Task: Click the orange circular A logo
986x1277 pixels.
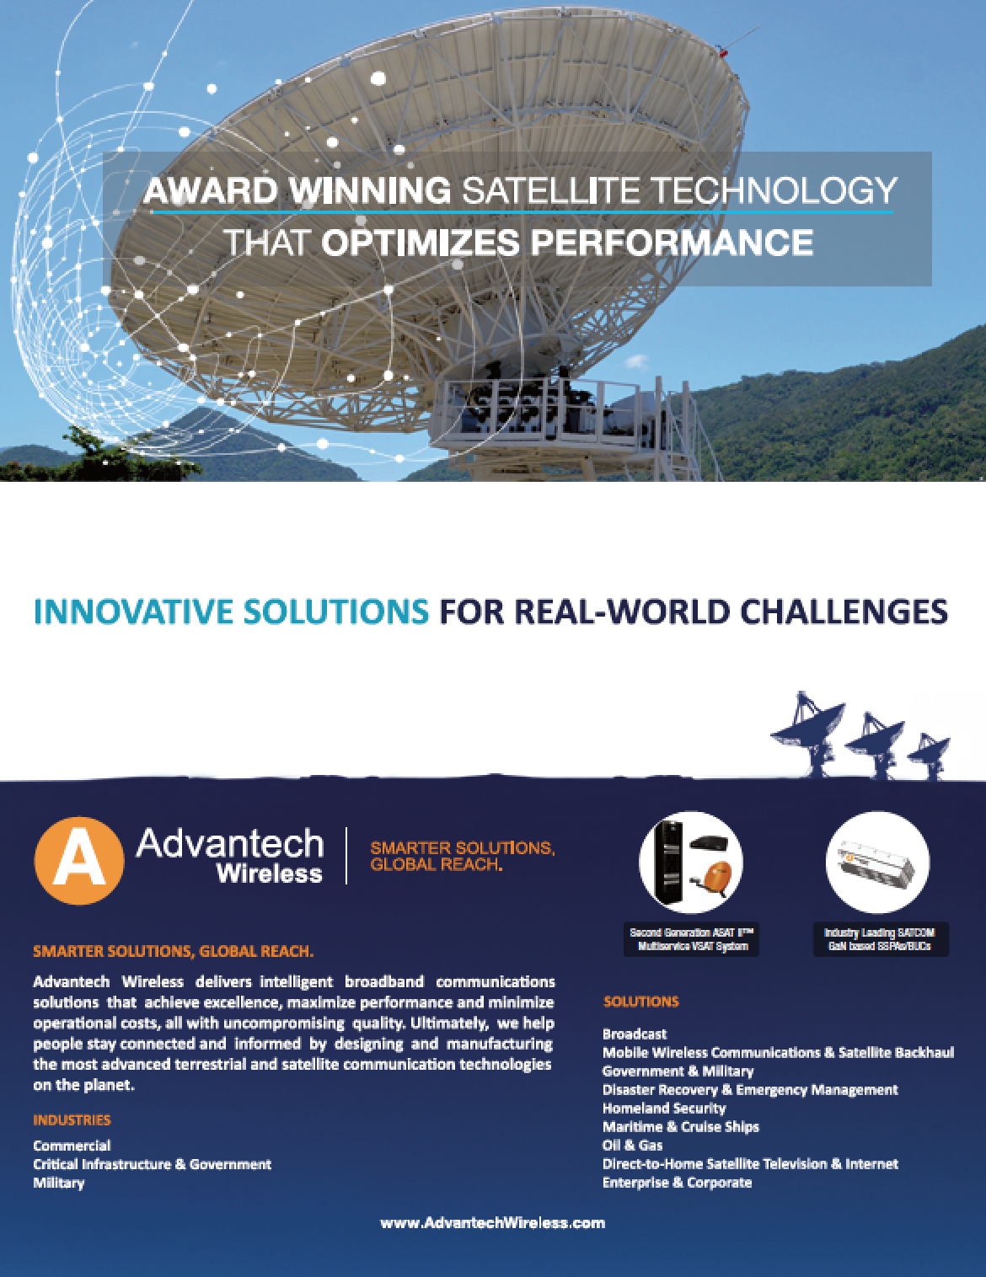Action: [x=79, y=861]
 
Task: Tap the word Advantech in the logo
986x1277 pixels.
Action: [x=230, y=844]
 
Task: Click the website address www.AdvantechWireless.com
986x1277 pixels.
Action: [x=493, y=1223]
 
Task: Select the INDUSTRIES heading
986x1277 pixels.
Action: [x=72, y=1120]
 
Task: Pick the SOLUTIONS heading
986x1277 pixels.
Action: [x=640, y=1002]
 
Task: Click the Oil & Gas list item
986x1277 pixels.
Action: [x=633, y=1146]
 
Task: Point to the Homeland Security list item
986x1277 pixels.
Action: [x=664, y=1109]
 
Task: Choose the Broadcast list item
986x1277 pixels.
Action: [x=635, y=1034]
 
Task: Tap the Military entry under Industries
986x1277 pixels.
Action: [x=59, y=1183]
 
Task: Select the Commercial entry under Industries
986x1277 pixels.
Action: [x=72, y=1146]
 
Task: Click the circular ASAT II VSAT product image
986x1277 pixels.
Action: [x=691, y=862]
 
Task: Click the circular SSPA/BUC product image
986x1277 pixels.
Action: [x=878, y=862]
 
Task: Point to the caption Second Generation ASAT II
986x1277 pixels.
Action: [x=691, y=932]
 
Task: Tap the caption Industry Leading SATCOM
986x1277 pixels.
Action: [x=880, y=932]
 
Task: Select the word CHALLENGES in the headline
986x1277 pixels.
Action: [x=844, y=612]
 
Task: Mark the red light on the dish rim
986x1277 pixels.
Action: [x=723, y=53]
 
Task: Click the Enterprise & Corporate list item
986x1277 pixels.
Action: [x=678, y=1183]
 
